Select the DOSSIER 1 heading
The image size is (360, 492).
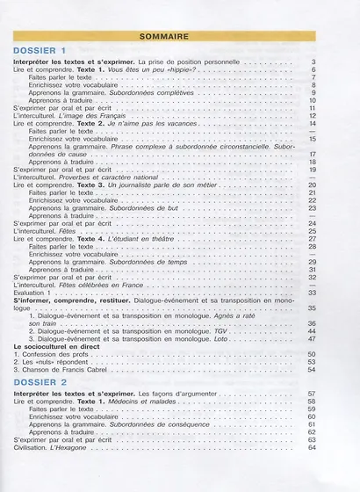(x=40, y=52)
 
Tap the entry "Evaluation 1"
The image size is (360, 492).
(x=37, y=293)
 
